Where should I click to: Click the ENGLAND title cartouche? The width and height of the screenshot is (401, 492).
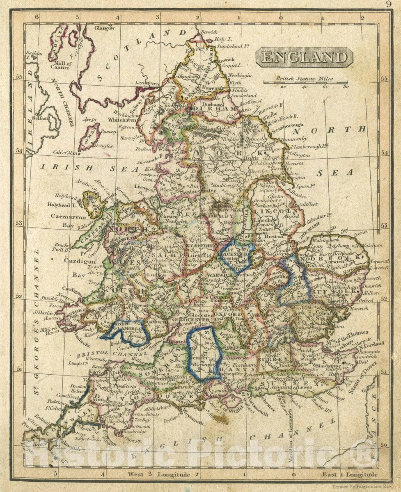coord(304,57)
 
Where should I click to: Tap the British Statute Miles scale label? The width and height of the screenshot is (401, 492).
coord(304,79)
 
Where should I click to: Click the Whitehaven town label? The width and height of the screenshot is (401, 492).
coord(121,120)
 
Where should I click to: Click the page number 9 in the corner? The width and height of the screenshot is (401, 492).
coord(388,5)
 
